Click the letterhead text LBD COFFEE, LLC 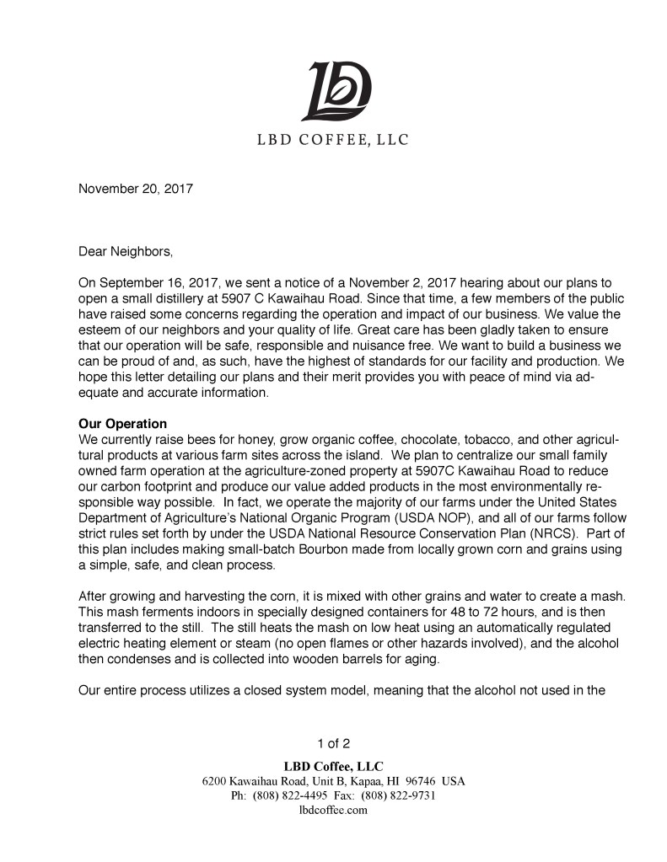[x=333, y=140]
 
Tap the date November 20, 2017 [x=136, y=189]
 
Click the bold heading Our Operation [x=122, y=424]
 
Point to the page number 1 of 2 [x=333, y=743]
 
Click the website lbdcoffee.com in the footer [x=333, y=811]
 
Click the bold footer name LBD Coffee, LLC [x=333, y=766]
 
